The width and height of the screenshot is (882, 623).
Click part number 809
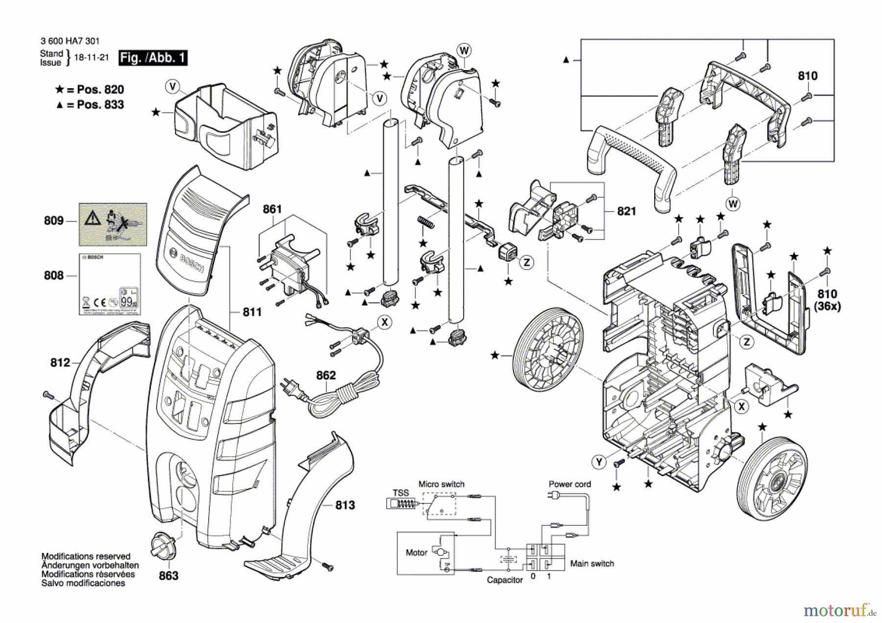click(53, 221)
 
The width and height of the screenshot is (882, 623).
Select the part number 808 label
click(53, 275)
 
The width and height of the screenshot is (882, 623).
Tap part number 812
click(60, 363)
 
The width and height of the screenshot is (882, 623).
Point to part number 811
click(252, 312)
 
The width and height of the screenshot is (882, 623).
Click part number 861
click(272, 209)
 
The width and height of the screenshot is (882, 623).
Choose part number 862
click(326, 375)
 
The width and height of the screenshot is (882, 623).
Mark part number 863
click(169, 575)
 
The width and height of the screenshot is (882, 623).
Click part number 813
click(345, 505)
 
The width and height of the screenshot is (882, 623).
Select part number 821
click(626, 211)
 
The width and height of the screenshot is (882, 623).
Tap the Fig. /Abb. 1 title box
click(153, 58)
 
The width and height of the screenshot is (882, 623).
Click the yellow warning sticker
click(113, 224)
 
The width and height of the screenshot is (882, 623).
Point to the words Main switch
click(592, 564)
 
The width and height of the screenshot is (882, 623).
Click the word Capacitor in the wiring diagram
click(505, 580)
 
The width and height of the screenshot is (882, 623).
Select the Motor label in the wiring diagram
click(416, 553)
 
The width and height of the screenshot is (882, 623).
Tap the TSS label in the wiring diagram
click(400, 493)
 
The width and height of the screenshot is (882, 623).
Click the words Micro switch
click(441, 484)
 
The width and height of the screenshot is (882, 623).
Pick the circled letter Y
click(599, 462)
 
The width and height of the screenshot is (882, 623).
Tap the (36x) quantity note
click(827, 306)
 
